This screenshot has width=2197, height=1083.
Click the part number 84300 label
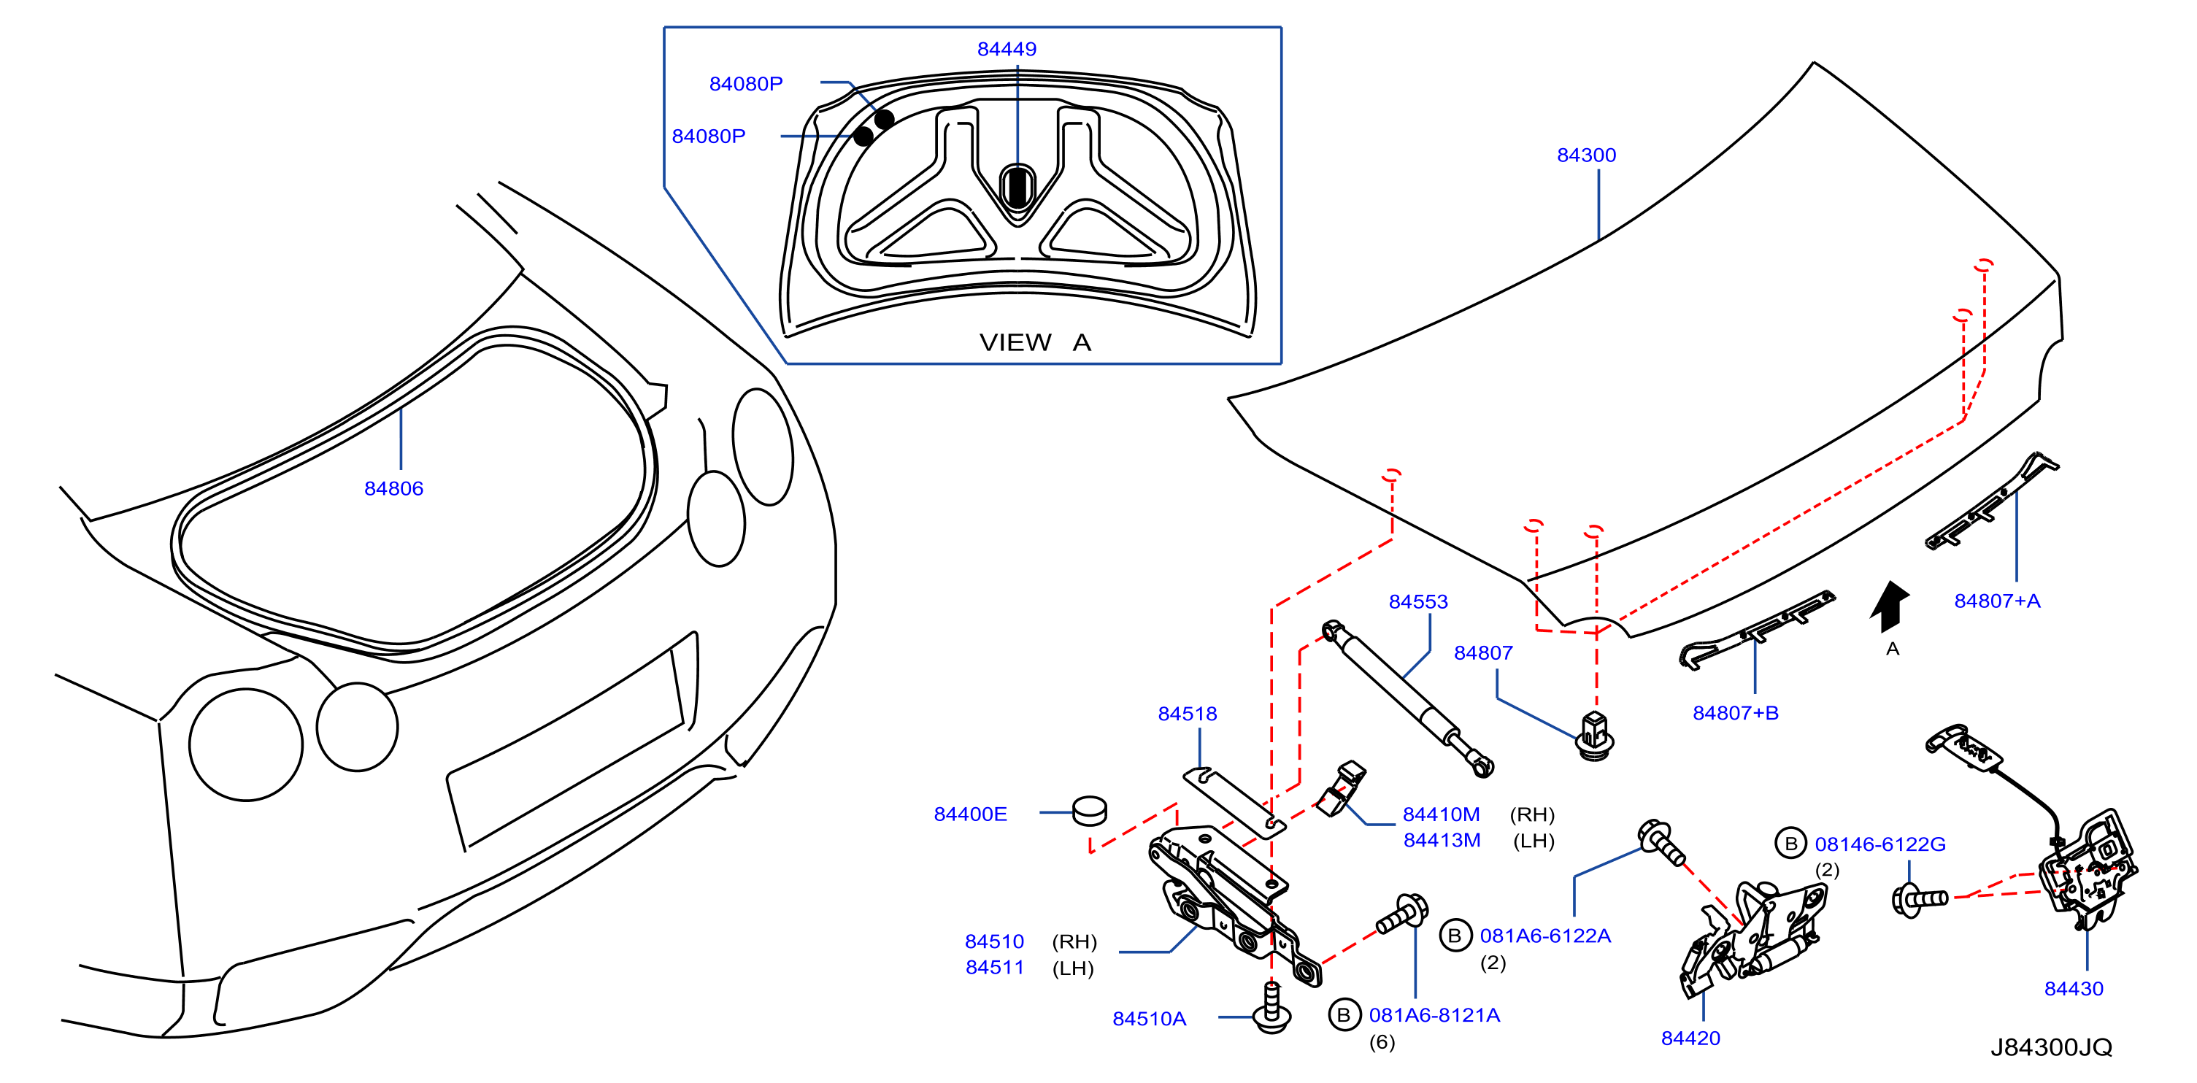coord(1586,155)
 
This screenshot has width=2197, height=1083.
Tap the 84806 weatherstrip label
coord(393,489)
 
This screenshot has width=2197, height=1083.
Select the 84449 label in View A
coord(1007,50)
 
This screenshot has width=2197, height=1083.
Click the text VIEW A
coord(1034,343)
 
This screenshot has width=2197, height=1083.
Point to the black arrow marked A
coord(1889,606)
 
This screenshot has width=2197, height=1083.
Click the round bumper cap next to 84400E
coord(1089,811)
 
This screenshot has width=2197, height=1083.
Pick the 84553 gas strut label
coord(1418,602)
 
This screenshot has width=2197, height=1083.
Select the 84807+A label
coord(1998,601)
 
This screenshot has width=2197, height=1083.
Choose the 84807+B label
coord(1736,713)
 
